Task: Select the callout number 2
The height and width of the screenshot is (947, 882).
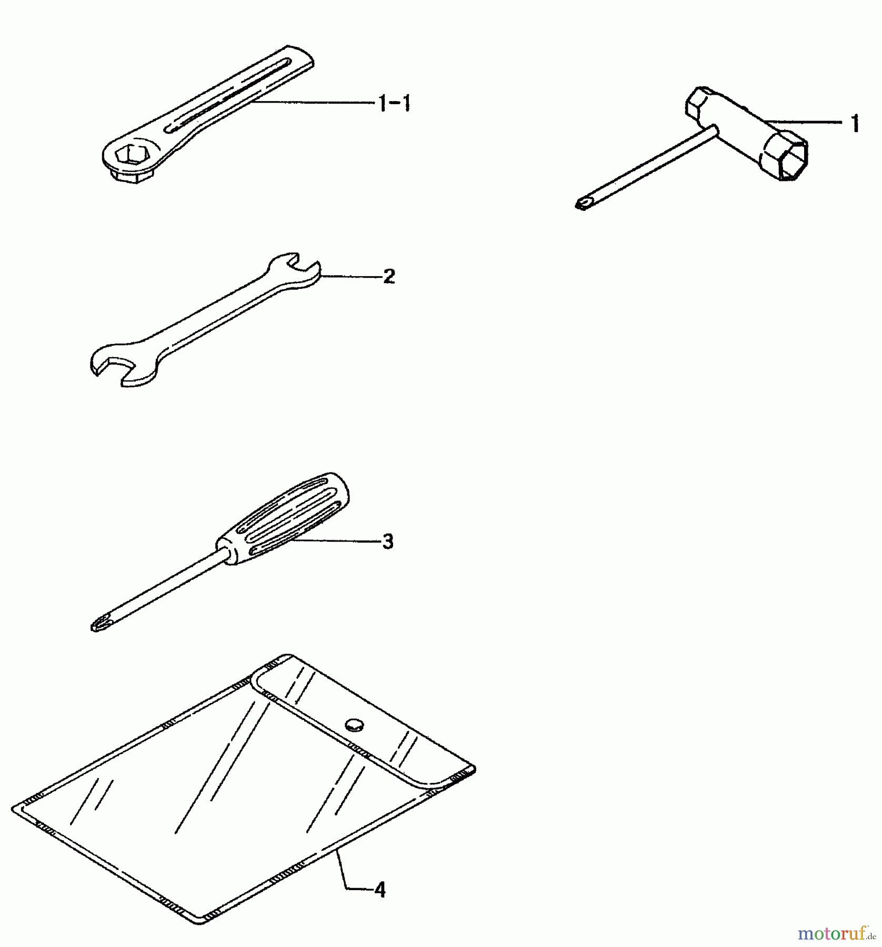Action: coord(389,277)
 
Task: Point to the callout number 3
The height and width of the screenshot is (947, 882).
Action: coord(388,541)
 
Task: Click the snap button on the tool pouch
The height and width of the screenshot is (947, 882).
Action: coord(354,725)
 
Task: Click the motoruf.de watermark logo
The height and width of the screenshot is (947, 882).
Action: coord(836,933)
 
